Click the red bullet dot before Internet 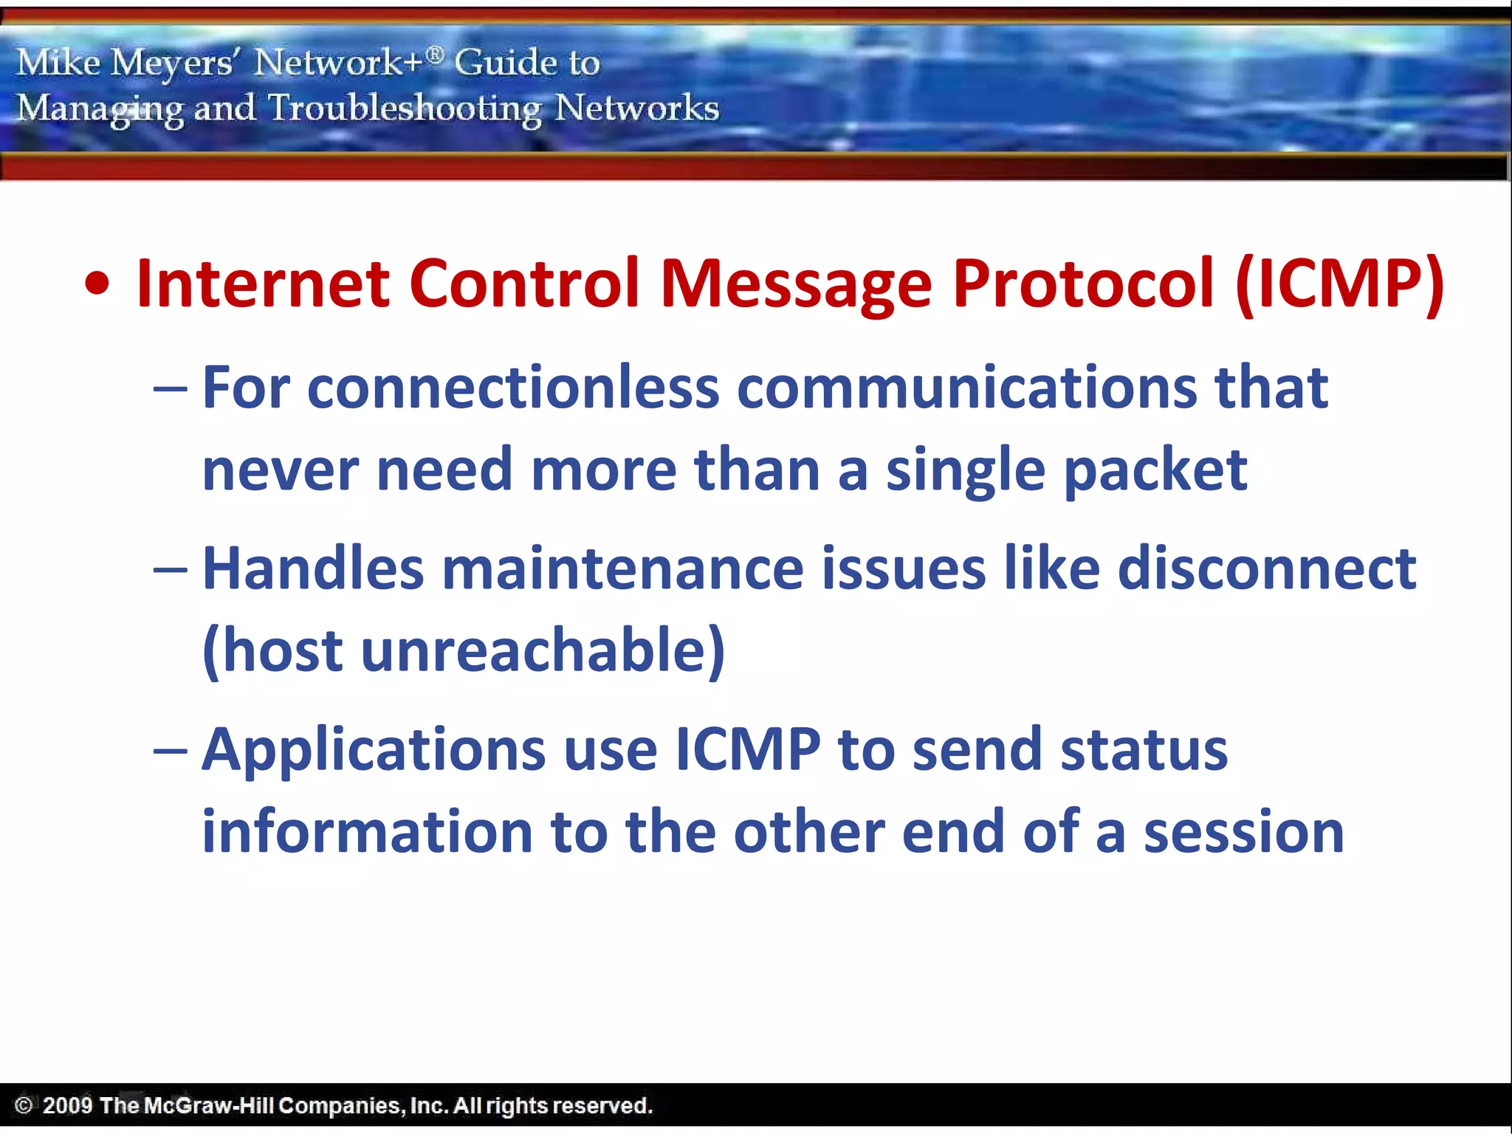[97, 285]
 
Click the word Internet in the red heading [263, 283]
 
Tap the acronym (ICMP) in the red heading [1339, 285]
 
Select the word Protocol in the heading [1083, 283]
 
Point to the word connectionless [512, 388]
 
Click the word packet [1155, 471]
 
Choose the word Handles [313, 569]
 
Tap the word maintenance [622, 569]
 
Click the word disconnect [1266, 569]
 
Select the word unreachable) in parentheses [543, 651]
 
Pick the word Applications [374, 751]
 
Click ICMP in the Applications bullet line [748, 751]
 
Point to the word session [1243, 832]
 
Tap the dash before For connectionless [171, 390]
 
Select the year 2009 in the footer [67, 1105]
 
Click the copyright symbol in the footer [24, 1105]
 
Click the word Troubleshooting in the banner [405, 109]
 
